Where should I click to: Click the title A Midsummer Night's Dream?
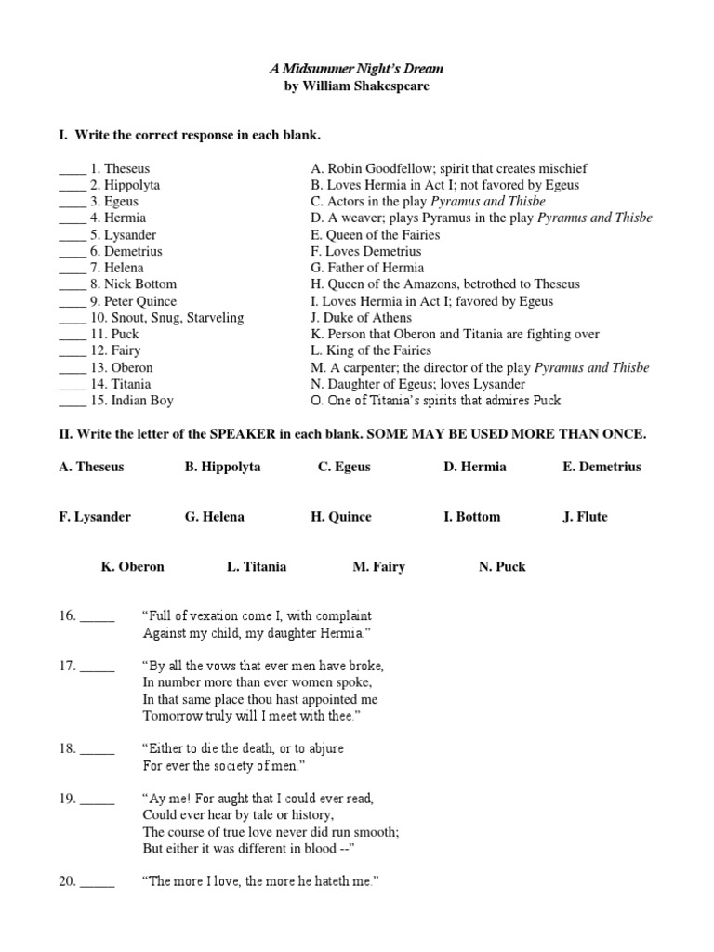click(357, 69)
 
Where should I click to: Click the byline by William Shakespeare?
click(357, 86)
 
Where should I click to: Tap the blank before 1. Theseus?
click(73, 170)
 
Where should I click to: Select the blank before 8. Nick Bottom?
click(73, 285)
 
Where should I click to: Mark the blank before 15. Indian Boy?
click(73, 402)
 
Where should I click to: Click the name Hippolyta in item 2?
click(132, 185)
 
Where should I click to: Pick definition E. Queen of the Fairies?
click(376, 235)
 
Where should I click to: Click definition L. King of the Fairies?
click(371, 350)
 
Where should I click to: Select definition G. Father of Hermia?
click(366, 268)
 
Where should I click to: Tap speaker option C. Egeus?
click(344, 467)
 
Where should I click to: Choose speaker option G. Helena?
click(215, 517)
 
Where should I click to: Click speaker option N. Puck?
click(502, 566)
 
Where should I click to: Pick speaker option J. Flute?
click(585, 517)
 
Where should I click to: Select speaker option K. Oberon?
click(133, 566)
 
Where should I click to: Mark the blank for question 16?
click(98, 617)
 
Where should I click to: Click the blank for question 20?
click(98, 882)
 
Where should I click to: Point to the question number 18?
click(67, 748)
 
